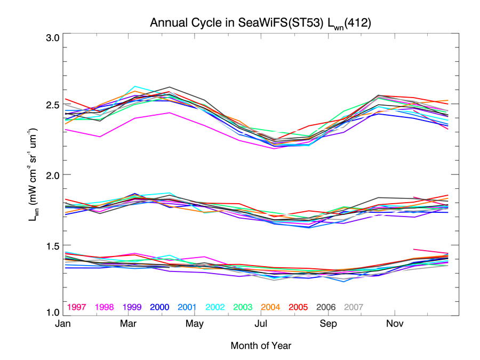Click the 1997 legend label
click(77, 307)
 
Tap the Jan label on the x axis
click(63, 324)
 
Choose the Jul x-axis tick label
click(261, 324)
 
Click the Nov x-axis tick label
click(394, 324)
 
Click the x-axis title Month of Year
click(261, 346)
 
